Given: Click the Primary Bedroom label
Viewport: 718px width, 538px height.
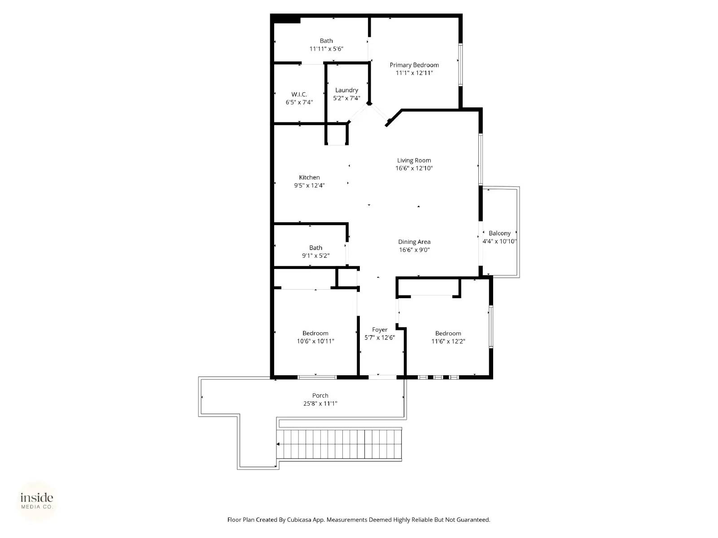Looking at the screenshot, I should point(414,65).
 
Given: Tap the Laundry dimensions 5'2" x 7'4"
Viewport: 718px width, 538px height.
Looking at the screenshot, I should point(346,98).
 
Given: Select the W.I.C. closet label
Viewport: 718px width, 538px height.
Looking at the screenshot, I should point(299,94).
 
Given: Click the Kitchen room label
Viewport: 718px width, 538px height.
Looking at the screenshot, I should point(309,178).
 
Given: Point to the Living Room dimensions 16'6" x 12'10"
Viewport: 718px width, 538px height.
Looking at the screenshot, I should point(414,169).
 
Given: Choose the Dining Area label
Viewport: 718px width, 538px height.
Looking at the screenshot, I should point(414,242).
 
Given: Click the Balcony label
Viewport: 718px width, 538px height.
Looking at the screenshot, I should point(499,233).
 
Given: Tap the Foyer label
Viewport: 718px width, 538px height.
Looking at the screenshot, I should point(380,330).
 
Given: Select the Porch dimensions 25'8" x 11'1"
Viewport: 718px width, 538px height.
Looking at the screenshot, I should point(320,403).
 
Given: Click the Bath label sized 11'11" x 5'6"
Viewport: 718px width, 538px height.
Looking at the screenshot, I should point(326,41).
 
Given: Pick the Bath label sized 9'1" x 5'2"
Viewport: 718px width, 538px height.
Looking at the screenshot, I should point(315,247).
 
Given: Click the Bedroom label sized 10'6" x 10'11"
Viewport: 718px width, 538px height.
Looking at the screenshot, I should point(315,333).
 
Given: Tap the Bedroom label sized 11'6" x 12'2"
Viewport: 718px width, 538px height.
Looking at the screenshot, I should point(448,333).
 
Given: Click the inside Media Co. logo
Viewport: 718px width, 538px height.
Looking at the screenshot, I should point(37,501).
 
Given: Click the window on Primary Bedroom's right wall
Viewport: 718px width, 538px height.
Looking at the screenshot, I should point(460,65).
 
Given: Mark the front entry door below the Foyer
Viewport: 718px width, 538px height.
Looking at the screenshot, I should point(382,377).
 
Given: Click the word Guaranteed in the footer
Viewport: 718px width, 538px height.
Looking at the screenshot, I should point(473,520).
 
